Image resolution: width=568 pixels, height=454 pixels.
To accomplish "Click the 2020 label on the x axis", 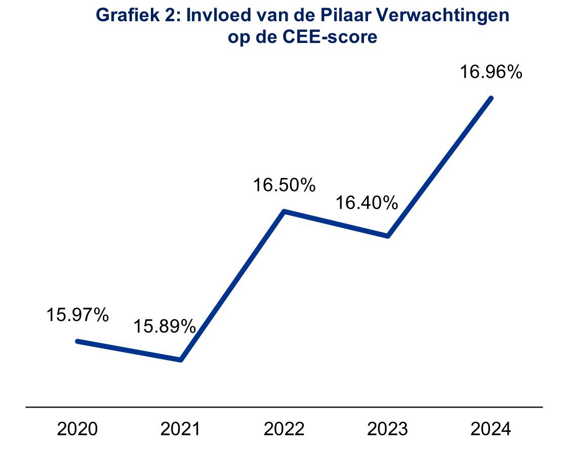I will tap(77, 429).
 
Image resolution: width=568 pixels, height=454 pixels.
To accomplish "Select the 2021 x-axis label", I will tap(180, 429).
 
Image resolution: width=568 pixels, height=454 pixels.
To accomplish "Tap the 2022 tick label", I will tap(284, 429).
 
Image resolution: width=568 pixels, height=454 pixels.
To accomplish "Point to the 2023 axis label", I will tap(387, 429).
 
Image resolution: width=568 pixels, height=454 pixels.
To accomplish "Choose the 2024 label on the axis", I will tap(491, 429).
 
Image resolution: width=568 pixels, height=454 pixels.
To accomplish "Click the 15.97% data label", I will tap(77, 315).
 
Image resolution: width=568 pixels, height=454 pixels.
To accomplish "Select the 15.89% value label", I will tap(165, 327).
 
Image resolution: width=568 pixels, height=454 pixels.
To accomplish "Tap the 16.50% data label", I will tap(285, 185).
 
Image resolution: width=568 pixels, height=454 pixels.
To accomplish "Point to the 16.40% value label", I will tap(367, 203).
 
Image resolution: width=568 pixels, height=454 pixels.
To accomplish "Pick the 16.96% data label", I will tap(491, 72).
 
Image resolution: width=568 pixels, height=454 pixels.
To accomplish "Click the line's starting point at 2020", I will tap(77, 341).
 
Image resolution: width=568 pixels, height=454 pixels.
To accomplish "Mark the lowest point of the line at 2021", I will tap(180, 360).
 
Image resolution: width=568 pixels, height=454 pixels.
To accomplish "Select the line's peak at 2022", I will tap(285, 211).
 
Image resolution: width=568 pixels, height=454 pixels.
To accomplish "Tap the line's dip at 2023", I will tap(387, 236).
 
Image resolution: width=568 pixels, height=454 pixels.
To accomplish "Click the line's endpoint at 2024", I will tap(491, 98).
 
